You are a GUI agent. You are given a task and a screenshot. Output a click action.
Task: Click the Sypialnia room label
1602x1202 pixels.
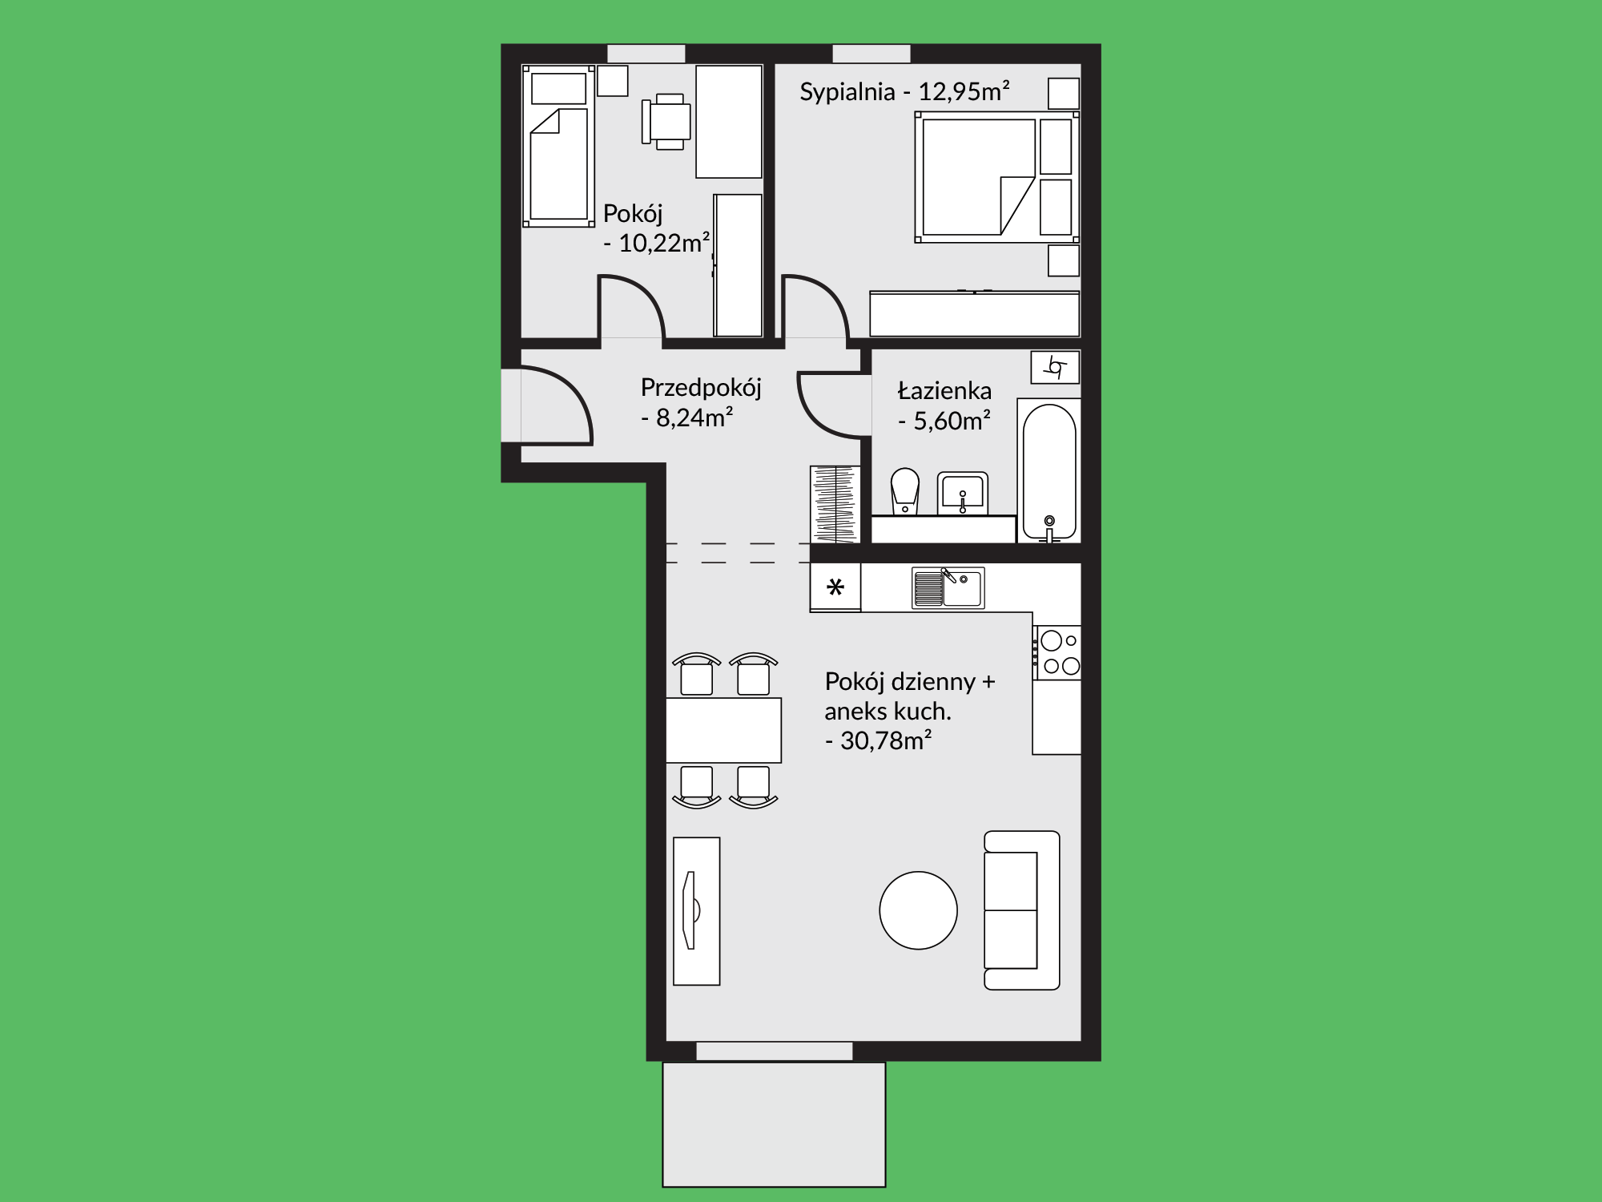click(847, 91)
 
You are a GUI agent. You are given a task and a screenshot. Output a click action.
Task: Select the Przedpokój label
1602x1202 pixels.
click(701, 388)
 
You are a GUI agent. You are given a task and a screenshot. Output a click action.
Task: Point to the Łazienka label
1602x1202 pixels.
click(944, 390)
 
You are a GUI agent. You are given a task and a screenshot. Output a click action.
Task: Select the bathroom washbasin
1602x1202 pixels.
click(962, 493)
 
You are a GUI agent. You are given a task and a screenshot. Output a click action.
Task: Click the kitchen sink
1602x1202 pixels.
click(948, 588)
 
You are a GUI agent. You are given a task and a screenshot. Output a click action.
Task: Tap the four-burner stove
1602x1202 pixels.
click(1057, 653)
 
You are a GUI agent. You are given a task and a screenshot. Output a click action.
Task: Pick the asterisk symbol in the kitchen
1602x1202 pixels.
click(835, 588)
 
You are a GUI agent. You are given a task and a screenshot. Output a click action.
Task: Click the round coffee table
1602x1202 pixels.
click(918, 910)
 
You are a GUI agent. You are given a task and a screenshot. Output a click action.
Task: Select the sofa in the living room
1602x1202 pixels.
click(1021, 910)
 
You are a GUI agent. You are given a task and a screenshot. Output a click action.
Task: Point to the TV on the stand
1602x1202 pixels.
click(689, 910)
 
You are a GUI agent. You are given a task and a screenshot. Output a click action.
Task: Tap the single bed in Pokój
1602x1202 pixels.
click(559, 146)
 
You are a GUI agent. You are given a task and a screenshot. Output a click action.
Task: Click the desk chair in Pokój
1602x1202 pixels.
click(666, 122)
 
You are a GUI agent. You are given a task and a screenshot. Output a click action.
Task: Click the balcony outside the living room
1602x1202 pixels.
click(774, 1124)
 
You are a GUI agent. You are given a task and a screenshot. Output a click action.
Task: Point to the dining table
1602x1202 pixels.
click(723, 730)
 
